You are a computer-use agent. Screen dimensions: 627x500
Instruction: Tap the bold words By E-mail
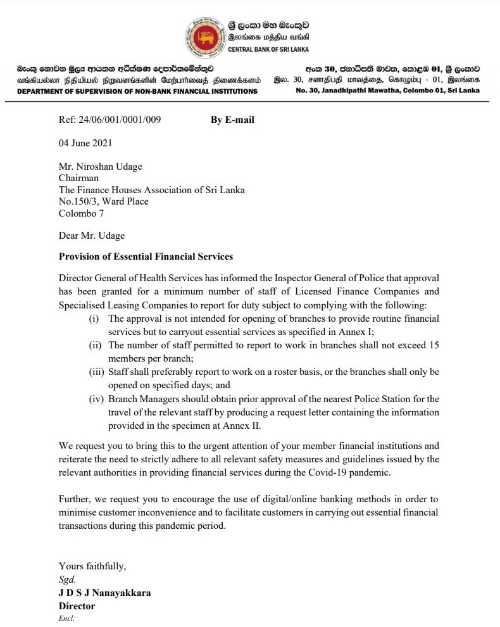(232, 120)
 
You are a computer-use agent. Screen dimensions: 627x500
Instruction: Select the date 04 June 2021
(85, 144)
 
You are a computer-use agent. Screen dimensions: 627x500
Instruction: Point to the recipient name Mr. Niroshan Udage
(101, 167)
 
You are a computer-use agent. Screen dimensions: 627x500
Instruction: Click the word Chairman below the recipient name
(80, 179)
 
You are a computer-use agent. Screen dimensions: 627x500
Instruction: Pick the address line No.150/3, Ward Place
(104, 201)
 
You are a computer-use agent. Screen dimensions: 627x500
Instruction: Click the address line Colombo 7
(82, 213)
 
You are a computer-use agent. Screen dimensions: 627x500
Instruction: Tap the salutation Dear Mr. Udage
(92, 236)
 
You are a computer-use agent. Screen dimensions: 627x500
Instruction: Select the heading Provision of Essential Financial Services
(146, 256)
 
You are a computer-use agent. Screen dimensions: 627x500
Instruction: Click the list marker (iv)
(97, 399)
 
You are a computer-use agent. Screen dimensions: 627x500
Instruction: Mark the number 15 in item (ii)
(434, 345)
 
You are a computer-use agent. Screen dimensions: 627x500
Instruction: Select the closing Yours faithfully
(92, 566)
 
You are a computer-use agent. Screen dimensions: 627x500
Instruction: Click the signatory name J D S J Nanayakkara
(105, 593)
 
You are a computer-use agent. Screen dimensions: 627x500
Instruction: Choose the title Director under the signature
(77, 606)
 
